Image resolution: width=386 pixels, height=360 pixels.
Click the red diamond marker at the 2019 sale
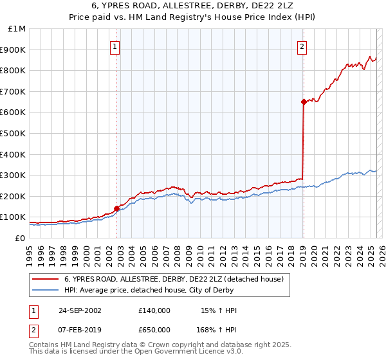pyautogui.click(x=303, y=102)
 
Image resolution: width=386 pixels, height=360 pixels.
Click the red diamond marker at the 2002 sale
pyautogui.click(x=116, y=208)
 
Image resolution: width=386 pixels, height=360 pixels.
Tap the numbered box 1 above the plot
pyautogui.click(x=114, y=46)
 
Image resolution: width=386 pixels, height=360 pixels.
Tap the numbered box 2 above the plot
pyautogui.click(x=302, y=46)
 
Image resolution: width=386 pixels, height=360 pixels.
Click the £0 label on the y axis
pyautogui.click(x=19, y=238)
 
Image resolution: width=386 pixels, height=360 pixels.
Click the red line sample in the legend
pyautogui.click(x=46, y=279)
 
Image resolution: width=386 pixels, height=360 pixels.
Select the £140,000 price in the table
pyautogui.click(x=155, y=310)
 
